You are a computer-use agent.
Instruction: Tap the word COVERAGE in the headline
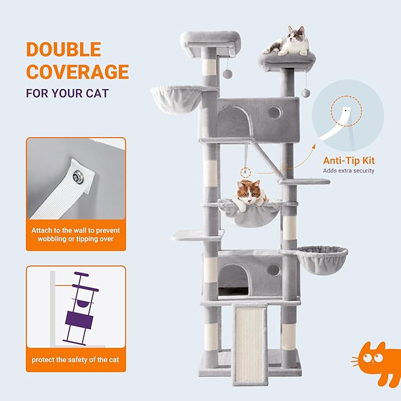(77, 71)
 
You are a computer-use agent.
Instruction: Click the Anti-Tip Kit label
(348, 160)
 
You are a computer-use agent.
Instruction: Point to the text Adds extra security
(348, 171)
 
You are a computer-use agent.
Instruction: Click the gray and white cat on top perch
(288, 42)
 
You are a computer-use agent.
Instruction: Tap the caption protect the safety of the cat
(76, 360)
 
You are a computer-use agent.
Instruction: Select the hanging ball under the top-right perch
(305, 93)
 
